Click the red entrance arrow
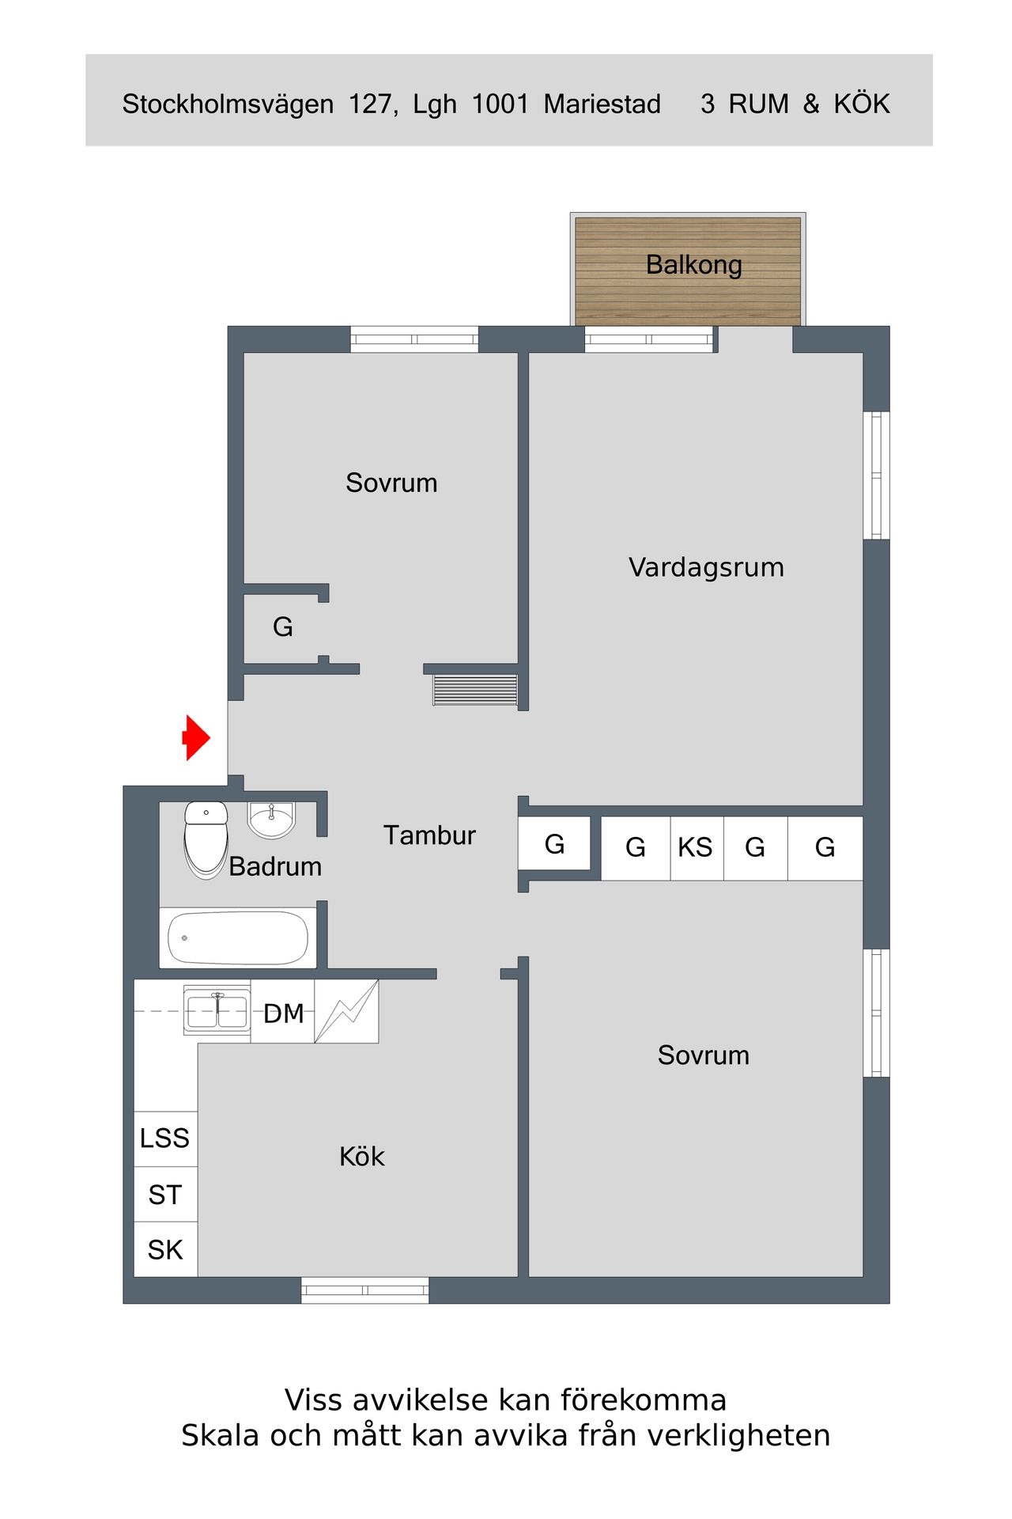196,738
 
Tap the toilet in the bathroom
206,840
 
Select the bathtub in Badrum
238,938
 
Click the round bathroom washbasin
271,820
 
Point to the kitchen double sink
217,1011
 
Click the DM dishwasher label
284,1013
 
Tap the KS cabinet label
696,847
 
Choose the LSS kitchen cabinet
165,1138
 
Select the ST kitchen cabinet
165,1195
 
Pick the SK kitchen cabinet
165,1250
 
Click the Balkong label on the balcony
694,265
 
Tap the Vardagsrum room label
707,568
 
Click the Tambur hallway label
429,835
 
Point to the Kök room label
362,1157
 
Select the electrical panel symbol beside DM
346,1011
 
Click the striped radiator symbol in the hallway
475,690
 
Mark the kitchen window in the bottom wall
365,1290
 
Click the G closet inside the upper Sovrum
283,627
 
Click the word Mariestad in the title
602,104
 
